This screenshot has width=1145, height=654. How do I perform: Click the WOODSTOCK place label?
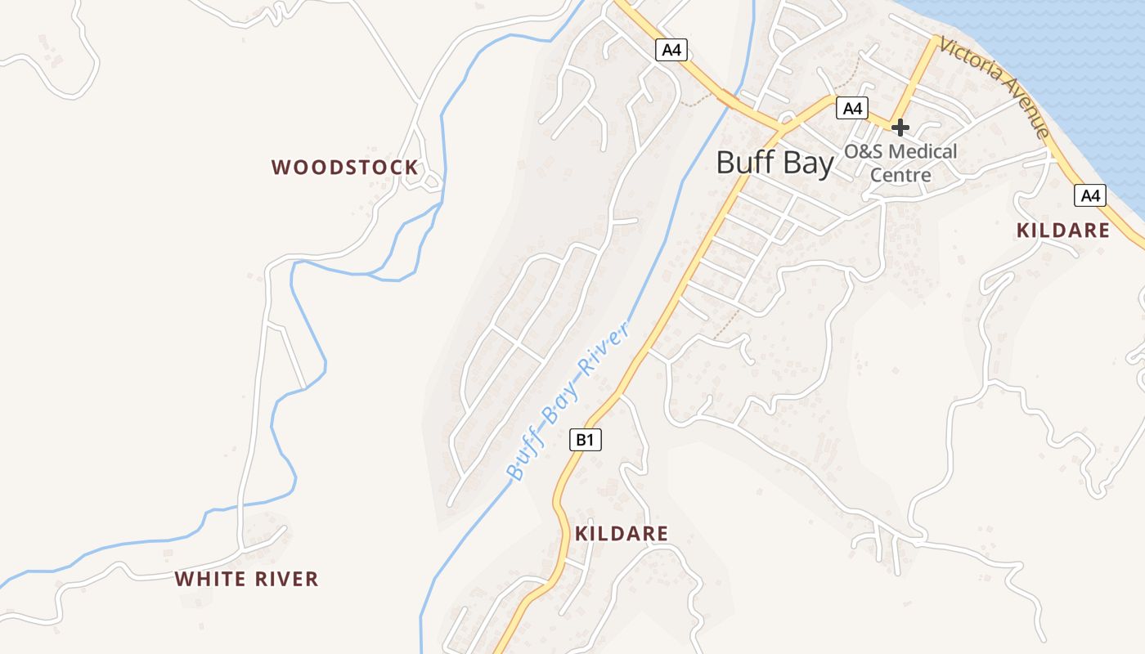click(344, 168)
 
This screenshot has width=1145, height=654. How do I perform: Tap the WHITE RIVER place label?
click(246, 580)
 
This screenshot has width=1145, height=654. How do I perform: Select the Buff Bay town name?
click(775, 163)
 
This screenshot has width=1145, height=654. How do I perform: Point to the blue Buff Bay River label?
click(568, 401)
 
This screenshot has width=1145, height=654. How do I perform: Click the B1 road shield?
click(585, 440)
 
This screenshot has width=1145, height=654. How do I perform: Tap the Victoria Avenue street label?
click(994, 86)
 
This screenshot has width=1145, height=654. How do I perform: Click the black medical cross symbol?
click(900, 128)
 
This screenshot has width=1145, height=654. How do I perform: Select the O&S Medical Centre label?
click(900, 163)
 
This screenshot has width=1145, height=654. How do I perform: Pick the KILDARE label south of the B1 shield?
click(622, 534)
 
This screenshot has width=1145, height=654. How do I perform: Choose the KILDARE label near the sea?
click(1063, 231)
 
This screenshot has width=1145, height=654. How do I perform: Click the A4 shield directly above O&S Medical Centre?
click(851, 107)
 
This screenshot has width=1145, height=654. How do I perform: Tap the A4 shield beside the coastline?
click(1090, 195)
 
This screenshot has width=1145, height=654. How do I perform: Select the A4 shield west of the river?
click(671, 51)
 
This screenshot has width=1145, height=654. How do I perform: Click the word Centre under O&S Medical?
click(900, 175)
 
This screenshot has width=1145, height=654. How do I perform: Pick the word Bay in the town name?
click(806, 163)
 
